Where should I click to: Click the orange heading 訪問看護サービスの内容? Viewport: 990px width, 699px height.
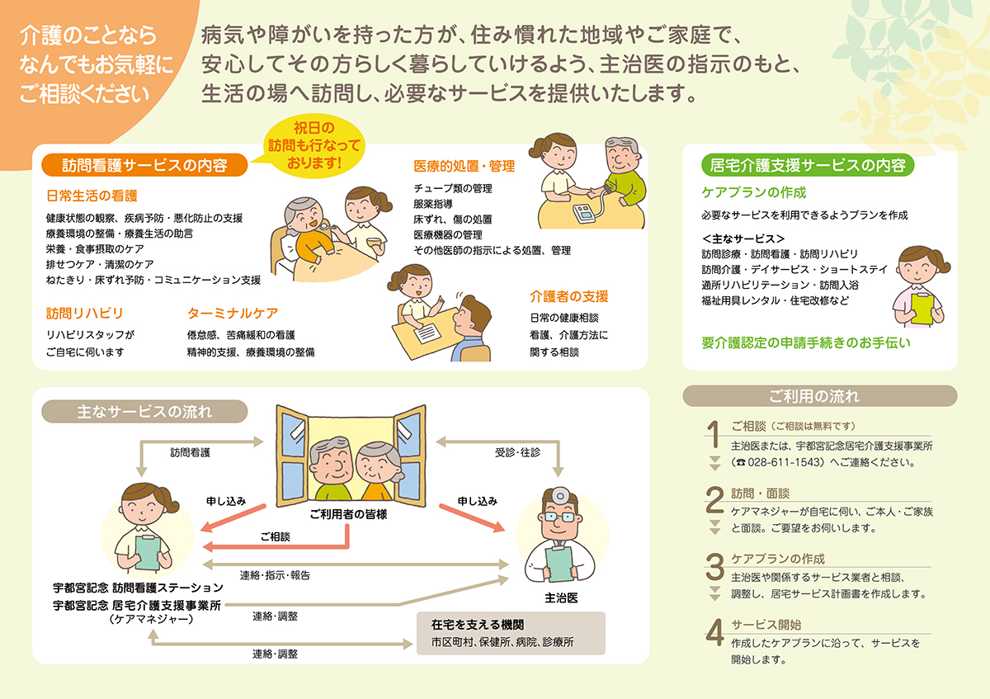pyautogui.click(x=144, y=164)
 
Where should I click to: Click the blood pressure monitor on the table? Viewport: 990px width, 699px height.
pyautogui.click(x=586, y=212)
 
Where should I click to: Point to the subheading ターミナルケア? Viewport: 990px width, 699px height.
pyautogui.click(x=233, y=314)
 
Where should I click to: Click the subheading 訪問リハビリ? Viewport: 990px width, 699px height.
pyautogui.click(x=85, y=314)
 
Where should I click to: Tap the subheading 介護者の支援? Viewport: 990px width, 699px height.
pyautogui.click(x=569, y=296)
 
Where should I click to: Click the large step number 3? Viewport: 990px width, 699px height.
pyautogui.click(x=714, y=567)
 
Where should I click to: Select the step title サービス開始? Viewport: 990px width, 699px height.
pyautogui.click(x=766, y=625)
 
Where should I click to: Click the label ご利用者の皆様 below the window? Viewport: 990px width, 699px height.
pyautogui.click(x=348, y=513)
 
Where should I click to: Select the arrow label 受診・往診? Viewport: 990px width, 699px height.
pyautogui.click(x=517, y=452)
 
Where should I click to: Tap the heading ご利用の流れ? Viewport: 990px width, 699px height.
pyautogui.click(x=819, y=396)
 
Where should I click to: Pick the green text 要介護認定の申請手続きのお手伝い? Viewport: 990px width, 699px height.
pyautogui.click(x=806, y=342)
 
